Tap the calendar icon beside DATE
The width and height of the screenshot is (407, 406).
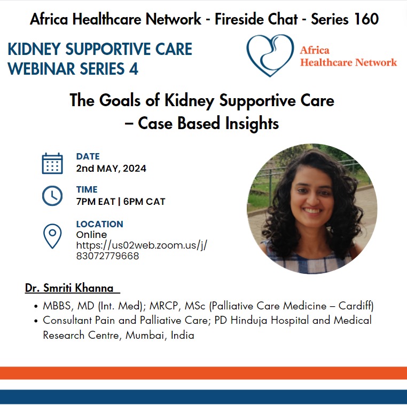(x=52, y=163)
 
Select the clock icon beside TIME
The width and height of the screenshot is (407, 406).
(x=52, y=196)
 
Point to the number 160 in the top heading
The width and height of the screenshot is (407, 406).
(x=366, y=19)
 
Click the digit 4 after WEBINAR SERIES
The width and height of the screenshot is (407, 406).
(x=134, y=69)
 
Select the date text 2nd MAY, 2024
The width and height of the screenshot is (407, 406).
(x=111, y=169)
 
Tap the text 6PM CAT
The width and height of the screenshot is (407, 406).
(x=144, y=202)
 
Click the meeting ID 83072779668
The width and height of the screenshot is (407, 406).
(x=107, y=256)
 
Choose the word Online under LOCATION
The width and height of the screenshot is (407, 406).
(x=91, y=235)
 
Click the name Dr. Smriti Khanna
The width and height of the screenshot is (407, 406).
(x=69, y=288)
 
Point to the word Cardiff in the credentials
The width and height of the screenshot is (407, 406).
(x=356, y=306)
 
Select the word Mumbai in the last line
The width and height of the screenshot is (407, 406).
(x=145, y=335)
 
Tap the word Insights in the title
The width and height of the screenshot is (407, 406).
(x=252, y=123)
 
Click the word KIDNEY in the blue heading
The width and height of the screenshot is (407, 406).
(x=34, y=49)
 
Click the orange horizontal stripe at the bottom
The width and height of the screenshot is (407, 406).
(x=203, y=373)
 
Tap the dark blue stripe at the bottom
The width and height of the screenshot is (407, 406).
(x=203, y=397)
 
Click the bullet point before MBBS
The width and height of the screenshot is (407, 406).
(x=36, y=306)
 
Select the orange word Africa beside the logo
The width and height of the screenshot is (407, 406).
(x=315, y=50)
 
